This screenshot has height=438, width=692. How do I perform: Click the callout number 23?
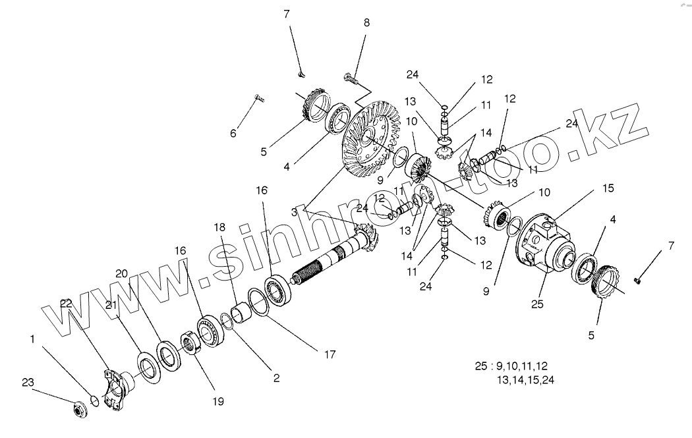[27, 382]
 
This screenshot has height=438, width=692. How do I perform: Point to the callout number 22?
[65, 302]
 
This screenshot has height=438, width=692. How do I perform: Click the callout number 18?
[219, 228]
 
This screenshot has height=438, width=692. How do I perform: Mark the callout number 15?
[608, 188]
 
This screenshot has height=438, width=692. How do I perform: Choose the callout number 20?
[121, 274]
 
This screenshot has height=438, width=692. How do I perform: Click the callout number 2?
[276, 378]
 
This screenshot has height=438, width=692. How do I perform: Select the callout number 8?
[366, 22]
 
